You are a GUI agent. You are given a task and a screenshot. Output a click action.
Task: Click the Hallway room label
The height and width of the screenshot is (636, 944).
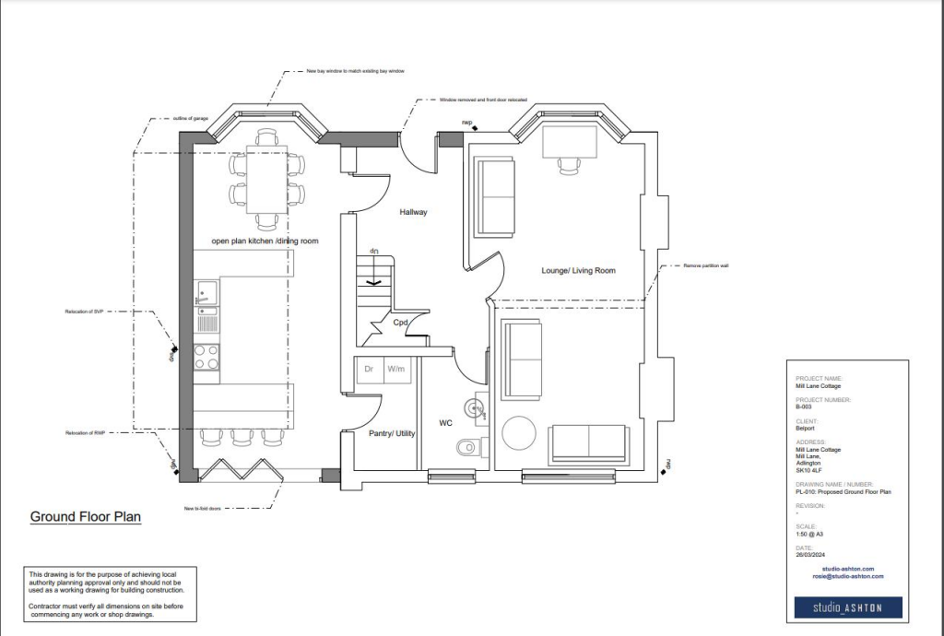click(x=413, y=212)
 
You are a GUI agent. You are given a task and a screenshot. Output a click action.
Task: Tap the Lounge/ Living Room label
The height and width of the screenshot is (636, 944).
click(x=578, y=270)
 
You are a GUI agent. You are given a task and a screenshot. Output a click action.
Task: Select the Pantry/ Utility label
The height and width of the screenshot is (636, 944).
click(x=392, y=432)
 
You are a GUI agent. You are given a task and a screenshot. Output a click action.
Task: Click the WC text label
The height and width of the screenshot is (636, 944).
click(x=445, y=424)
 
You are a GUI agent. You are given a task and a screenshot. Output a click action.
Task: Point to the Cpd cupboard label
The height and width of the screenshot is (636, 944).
click(x=401, y=324)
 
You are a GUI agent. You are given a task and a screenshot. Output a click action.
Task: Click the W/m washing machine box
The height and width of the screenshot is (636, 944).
click(x=396, y=369)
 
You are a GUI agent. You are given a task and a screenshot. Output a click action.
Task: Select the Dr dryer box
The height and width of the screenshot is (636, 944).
click(x=369, y=369)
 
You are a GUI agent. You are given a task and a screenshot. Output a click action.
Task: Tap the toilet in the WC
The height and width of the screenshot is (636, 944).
click(x=469, y=448)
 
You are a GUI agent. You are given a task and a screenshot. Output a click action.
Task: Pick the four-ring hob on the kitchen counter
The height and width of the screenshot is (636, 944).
click(x=206, y=357)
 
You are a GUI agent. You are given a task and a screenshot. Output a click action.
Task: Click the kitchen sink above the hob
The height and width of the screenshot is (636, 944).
click(x=206, y=294)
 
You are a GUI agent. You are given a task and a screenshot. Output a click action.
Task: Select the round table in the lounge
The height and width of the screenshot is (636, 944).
click(x=520, y=433)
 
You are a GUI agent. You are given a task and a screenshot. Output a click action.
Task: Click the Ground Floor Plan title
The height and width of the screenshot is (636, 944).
click(x=86, y=517)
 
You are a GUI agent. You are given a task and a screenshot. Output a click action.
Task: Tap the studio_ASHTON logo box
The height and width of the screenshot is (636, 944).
click(x=848, y=607)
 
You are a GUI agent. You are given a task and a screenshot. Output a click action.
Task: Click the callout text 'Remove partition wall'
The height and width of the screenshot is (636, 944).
click(x=705, y=265)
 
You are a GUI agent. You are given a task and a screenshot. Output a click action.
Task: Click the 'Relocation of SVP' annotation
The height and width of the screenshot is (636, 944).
click(x=84, y=312)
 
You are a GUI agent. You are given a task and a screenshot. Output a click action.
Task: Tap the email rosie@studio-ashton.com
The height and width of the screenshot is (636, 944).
click(x=848, y=576)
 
